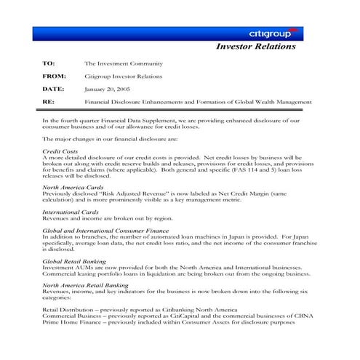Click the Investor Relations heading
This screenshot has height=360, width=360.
tap(256, 47)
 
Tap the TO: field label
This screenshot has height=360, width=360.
tap(49, 64)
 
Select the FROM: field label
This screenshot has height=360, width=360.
tap(54, 76)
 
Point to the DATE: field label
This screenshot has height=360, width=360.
tap(54, 89)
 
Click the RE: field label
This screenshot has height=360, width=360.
tap(48, 102)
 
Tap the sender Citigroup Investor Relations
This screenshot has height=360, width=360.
tap(123, 76)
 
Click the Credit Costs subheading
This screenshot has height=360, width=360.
tap(60, 151)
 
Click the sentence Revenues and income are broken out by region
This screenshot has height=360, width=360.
tap(107, 217)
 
